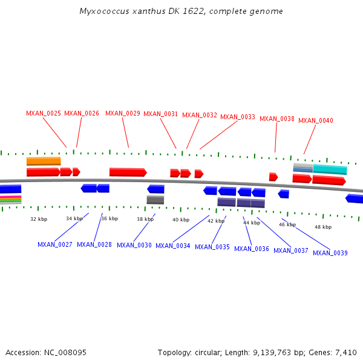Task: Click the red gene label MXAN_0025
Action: pos(44,113)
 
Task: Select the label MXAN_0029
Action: pos(123,113)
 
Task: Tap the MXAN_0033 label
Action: pos(238,117)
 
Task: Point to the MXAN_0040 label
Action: pos(316,120)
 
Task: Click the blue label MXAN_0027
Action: pos(55,244)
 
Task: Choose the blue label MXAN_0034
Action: pos(173,246)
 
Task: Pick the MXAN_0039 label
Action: pos(330,253)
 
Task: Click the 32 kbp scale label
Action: pos(39,219)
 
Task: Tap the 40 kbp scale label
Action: pos(181,220)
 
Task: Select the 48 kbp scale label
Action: pos(323,227)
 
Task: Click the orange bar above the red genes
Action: pos(44,161)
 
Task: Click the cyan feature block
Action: pos(330,169)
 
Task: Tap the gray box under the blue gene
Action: pos(155,200)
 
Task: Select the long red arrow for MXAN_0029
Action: pos(128,172)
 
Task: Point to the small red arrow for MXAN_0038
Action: pos(273,177)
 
